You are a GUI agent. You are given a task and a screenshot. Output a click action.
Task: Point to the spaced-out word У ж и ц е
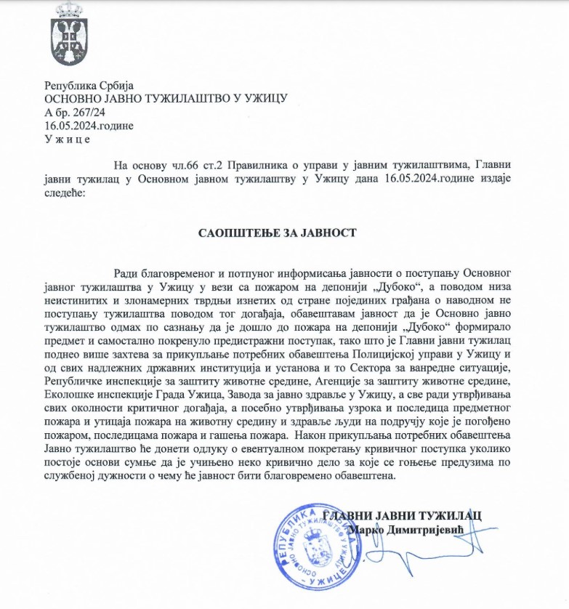pyautogui.click(x=68, y=139)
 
